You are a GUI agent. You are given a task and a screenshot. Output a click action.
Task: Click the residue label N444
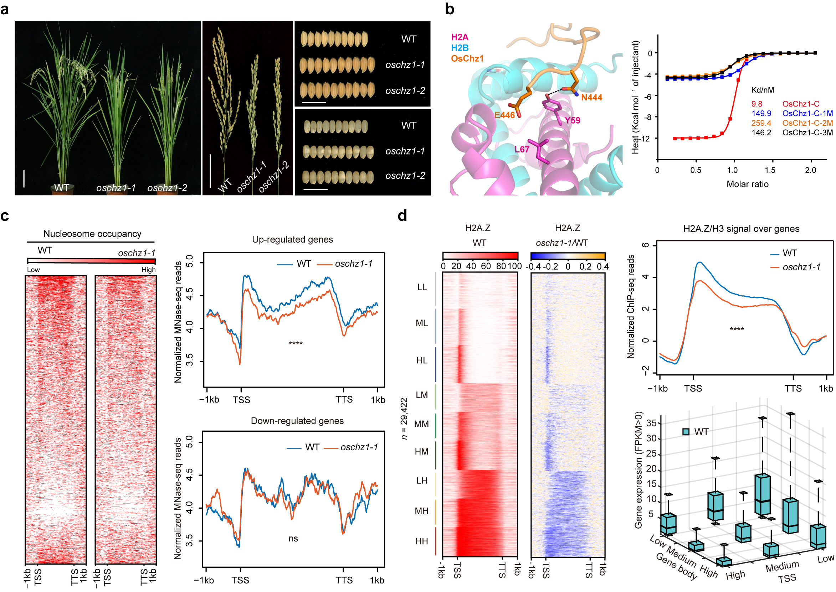591,97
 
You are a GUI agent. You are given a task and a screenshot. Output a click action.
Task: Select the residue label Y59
572,120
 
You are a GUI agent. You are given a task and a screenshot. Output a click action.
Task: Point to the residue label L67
522,149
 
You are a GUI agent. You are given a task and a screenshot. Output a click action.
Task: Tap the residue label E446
504,115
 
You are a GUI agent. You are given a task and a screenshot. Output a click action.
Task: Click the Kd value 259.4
761,123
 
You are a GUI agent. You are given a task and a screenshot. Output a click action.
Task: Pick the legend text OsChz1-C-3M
807,133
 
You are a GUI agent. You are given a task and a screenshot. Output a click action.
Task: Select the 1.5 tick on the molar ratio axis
770,170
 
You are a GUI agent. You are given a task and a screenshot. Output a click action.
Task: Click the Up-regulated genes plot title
292,239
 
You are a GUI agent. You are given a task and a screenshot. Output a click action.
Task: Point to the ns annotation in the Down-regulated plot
293,539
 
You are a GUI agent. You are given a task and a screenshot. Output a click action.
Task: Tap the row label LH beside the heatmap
422,481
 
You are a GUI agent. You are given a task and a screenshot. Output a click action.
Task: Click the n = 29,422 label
404,419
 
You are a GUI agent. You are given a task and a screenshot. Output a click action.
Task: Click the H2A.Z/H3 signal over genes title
741,229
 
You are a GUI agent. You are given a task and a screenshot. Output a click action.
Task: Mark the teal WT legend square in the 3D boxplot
686,432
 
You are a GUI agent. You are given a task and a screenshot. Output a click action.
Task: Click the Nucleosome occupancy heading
92,234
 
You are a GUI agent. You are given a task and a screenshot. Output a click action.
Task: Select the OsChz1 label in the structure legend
467,59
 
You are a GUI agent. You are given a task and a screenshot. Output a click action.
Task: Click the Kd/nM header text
762,90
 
